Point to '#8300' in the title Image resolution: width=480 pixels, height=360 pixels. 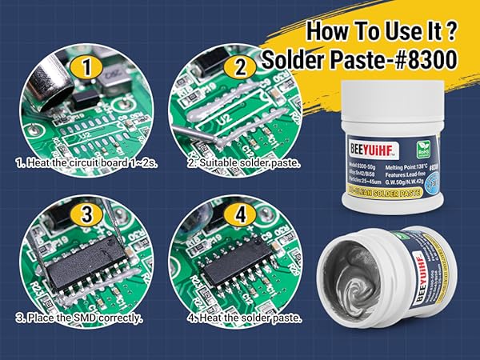428,61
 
